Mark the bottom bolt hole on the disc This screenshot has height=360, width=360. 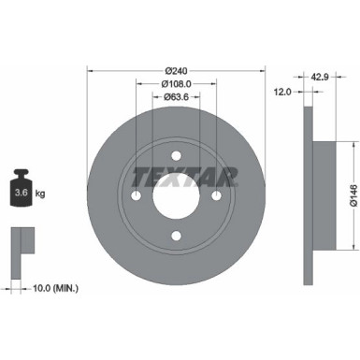pyautogui.click(x=177, y=235)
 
